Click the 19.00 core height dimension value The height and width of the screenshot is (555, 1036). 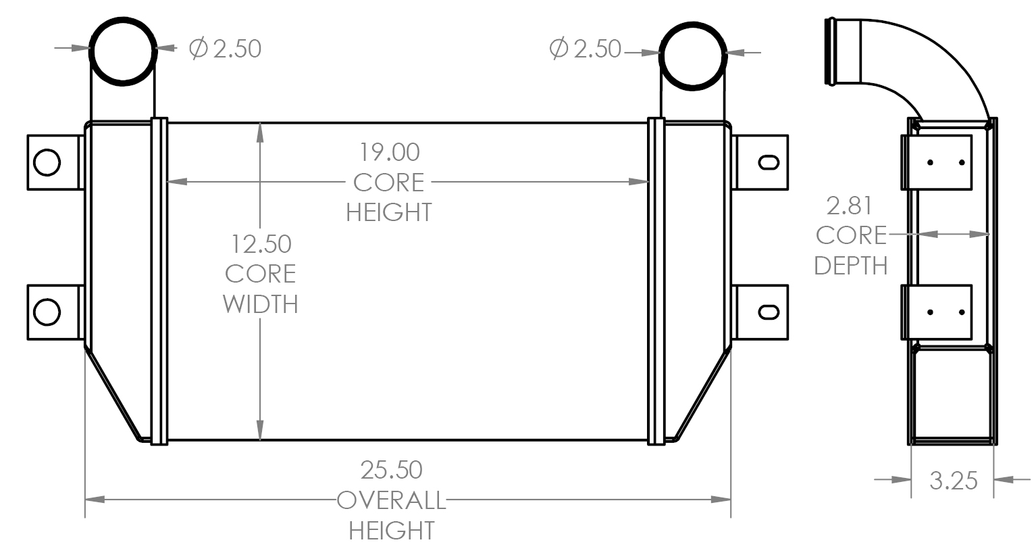(x=389, y=152)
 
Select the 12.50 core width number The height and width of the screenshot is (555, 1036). (x=261, y=243)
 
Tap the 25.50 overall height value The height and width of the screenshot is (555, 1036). (x=391, y=469)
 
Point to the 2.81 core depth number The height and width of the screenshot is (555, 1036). (x=850, y=205)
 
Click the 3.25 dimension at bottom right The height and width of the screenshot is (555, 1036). (x=953, y=481)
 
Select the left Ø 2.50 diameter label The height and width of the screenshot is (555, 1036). (x=225, y=49)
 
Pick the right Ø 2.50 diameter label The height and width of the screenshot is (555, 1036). (x=585, y=49)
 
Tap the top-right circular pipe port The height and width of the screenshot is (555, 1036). (x=693, y=53)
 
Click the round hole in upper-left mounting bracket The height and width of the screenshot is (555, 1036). (x=47, y=162)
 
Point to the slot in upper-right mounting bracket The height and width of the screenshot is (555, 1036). (x=769, y=162)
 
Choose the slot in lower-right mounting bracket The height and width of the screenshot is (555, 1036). (x=769, y=312)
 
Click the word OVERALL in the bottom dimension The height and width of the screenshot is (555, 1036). (x=391, y=501)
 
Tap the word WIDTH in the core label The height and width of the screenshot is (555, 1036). (x=261, y=304)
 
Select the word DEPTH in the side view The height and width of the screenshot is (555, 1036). (x=850, y=266)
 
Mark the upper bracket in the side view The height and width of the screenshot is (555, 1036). (x=936, y=162)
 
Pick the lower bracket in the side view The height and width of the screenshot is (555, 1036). (x=936, y=312)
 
